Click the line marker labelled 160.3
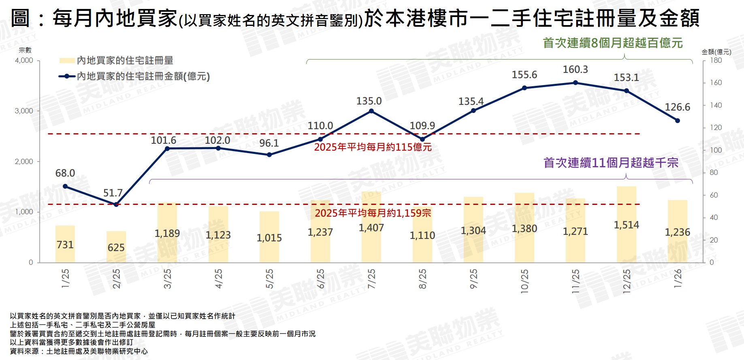(x=575, y=83)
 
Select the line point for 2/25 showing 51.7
(x=116, y=204)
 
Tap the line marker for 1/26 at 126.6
(x=677, y=121)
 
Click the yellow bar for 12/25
(x=626, y=224)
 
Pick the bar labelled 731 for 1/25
(x=65, y=244)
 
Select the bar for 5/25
(x=269, y=237)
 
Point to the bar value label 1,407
(x=371, y=228)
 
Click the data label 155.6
(x=524, y=75)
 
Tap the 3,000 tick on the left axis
(x=24, y=111)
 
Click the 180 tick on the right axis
(x=716, y=60)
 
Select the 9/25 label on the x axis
(x=473, y=279)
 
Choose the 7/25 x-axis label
(x=371, y=279)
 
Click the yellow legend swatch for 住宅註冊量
(x=67, y=61)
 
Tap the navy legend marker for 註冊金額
(x=67, y=76)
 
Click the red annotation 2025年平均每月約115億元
(x=373, y=147)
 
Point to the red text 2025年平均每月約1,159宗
(x=373, y=213)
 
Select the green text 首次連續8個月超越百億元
(x=612, y=43)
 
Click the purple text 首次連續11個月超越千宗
(x=610, y=163)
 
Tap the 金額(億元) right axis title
(x=716, y=52)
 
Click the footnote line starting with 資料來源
(x=79, y=351)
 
